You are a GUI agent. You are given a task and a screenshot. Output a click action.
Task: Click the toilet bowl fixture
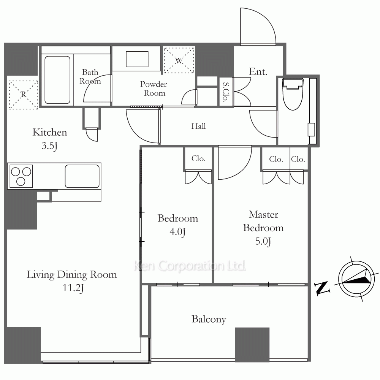293,94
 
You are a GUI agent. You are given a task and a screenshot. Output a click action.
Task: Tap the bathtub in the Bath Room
57,80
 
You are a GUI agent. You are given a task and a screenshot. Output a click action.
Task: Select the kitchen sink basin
82,176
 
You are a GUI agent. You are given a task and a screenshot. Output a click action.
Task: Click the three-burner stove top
21,176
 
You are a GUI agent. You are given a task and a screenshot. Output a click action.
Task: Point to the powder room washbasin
137,59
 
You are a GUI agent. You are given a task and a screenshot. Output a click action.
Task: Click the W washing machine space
179,60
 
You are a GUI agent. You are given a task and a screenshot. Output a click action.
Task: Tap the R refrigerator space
23,95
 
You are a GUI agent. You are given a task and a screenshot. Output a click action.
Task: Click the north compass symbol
356,279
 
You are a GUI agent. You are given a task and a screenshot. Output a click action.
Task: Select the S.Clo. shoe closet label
226,92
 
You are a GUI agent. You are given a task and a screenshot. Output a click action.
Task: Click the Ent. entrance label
258,71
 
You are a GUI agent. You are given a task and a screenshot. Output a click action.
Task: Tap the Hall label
198,126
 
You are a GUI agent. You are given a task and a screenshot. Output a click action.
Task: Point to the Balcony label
209,320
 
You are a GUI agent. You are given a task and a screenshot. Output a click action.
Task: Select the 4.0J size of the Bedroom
177,232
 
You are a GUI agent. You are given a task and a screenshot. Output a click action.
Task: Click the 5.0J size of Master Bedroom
263,241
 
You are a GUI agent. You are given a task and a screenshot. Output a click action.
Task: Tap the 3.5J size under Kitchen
49,146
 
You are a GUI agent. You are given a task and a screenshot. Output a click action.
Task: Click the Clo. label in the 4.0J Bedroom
198,158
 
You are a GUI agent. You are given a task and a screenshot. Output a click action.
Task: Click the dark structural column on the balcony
252,345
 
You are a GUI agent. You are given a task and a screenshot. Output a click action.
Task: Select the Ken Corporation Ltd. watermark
190,266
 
